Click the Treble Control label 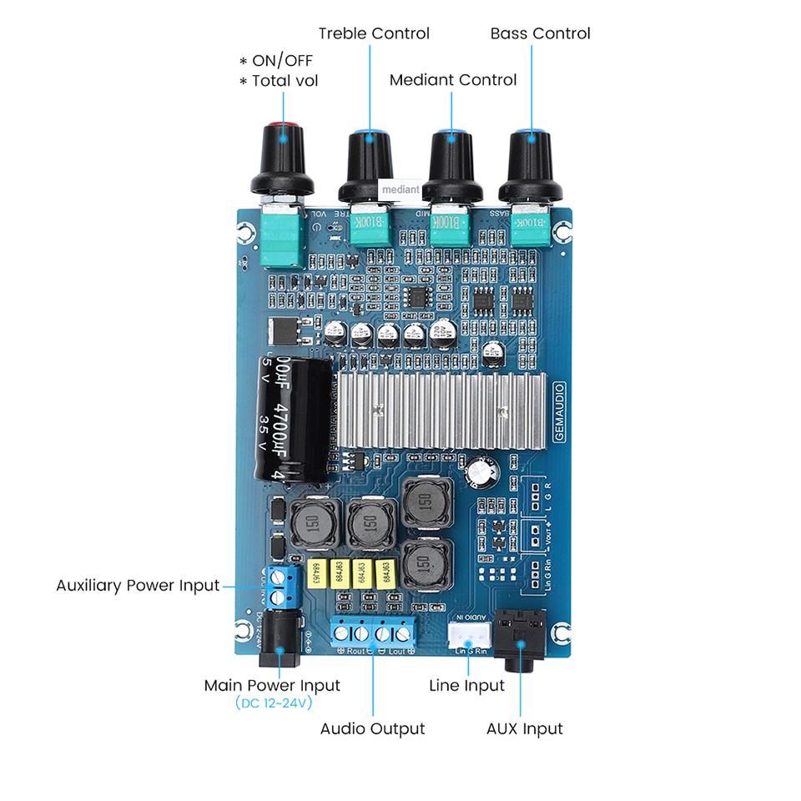point(374,33)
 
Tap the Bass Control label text point(540,33)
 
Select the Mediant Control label point(453,80)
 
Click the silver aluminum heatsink point(442,410)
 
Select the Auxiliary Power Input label point(137,586)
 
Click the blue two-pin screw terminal point(285,587)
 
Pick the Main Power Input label point(272,686)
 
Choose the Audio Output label point(372,729)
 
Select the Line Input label point(466,686)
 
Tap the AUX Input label point(524,729)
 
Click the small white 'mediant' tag point(400,189)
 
